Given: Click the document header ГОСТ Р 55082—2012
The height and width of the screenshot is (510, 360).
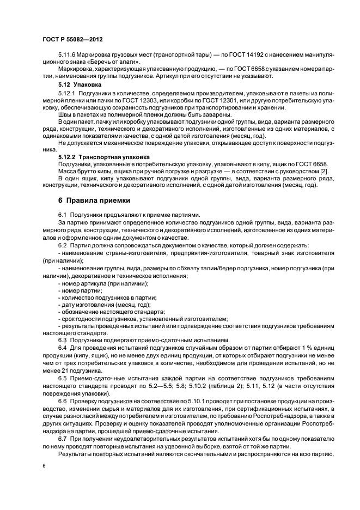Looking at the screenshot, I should pos(72,40).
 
